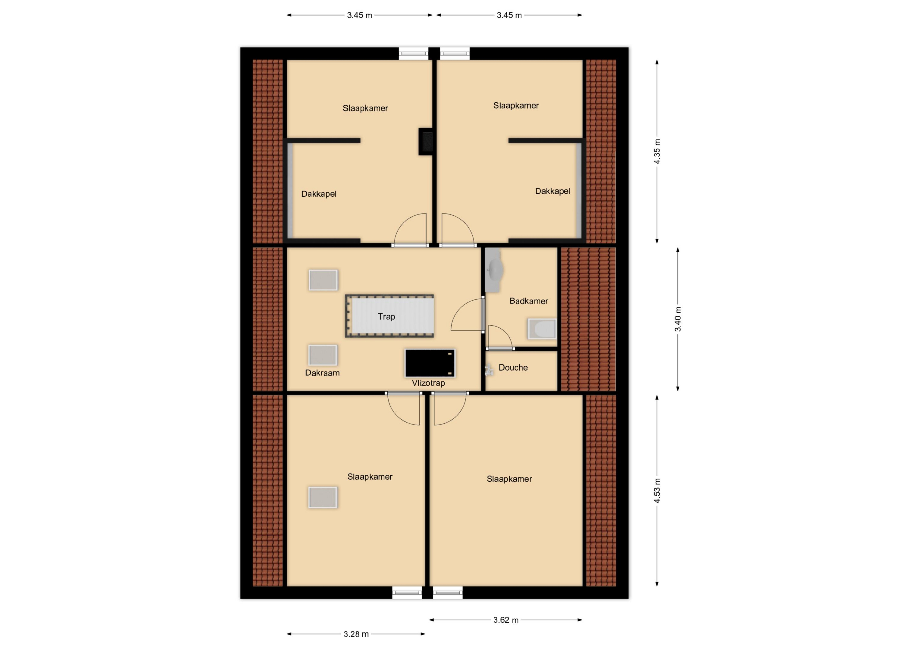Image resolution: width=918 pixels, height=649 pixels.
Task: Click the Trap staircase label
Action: point(386,317)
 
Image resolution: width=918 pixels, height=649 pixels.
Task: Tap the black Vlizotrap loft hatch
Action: point(430,363)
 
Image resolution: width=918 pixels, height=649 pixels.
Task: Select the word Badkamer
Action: point(529,301)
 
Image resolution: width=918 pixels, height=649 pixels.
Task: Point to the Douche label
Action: point(513,367)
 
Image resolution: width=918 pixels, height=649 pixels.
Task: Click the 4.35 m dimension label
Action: point(657,151)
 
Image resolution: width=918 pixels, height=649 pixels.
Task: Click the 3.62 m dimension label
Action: point(506,620)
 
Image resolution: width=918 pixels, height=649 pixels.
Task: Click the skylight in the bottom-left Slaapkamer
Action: point(323,497)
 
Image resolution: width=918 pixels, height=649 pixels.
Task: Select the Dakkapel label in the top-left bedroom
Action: point(319,194)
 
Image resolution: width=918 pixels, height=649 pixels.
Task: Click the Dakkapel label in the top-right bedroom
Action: point(552,191)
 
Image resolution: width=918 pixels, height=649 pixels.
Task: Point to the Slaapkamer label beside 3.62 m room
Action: point(509,479)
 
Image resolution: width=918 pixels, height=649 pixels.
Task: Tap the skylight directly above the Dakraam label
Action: point(323,355)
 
